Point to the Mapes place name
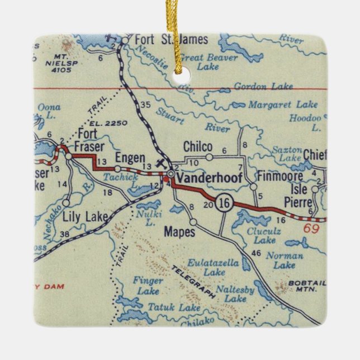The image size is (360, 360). [x=179, y=230]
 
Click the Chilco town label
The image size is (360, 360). [x=198, y=146]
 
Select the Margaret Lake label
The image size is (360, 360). [x=283, y=105]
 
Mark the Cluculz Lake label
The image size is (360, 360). [x=264, y=234]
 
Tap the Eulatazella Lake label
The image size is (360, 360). [x=214, y=266]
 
